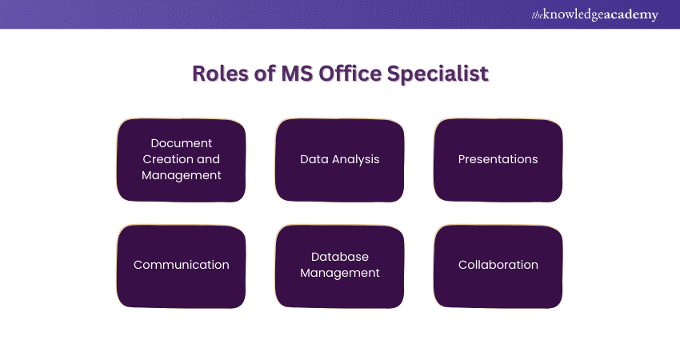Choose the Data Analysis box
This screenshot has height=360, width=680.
340,159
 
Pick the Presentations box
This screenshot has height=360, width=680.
498,159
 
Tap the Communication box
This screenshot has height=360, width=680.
182,265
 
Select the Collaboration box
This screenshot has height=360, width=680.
498,265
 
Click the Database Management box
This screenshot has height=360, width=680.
340,265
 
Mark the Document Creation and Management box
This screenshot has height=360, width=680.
182,159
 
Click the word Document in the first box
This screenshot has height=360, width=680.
182,143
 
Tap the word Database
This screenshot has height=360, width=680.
340,257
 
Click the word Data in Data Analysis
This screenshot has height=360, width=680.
313,159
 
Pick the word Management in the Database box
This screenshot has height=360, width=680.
340,273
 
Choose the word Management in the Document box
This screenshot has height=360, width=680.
182,175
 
